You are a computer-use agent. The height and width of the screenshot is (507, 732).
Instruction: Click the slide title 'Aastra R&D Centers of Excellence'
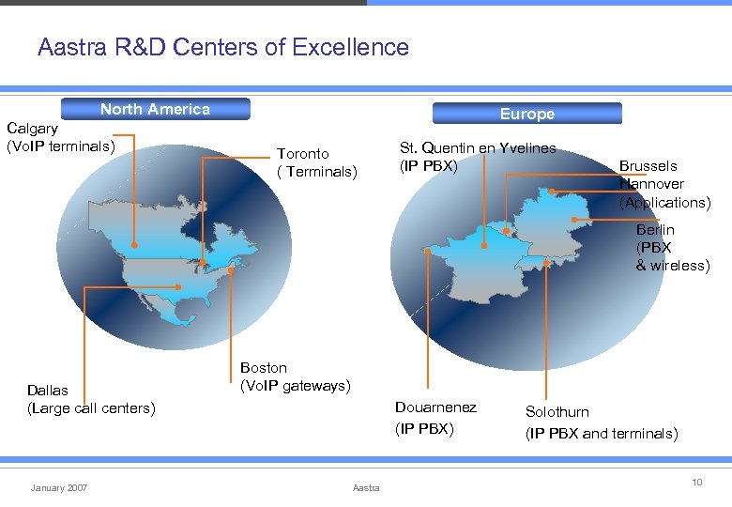point(223,47)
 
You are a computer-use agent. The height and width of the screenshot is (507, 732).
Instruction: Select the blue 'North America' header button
point(155,109)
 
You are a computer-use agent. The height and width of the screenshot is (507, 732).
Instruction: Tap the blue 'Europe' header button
point(526,114)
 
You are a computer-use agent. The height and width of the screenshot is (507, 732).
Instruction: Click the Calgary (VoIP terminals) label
point(60,137)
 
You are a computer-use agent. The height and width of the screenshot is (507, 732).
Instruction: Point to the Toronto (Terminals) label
point(317,162)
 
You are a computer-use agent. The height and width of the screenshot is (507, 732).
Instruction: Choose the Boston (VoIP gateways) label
point(296,376)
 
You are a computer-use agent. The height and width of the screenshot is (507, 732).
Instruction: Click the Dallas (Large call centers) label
point(91,399)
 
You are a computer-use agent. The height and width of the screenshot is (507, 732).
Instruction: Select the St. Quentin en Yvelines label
point(478,157)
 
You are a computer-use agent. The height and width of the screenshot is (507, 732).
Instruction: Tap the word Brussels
point(648,166)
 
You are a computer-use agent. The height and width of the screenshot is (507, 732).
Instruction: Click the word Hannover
point(651,184)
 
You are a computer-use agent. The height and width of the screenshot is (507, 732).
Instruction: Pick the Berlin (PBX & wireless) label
point(672,247)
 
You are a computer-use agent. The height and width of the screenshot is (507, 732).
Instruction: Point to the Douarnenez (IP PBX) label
point(435,418)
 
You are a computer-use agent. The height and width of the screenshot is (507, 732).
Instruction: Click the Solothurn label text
point(557,411)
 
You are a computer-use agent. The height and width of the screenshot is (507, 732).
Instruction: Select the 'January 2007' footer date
point(59,487)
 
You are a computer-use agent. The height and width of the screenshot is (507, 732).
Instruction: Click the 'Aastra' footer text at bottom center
point(366,487)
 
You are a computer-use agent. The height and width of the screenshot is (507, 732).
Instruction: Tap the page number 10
point(697,482)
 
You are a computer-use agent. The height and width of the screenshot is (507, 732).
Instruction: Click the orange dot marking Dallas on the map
point(176,287)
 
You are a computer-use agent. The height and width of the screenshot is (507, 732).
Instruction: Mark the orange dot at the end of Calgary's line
point(134,245)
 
